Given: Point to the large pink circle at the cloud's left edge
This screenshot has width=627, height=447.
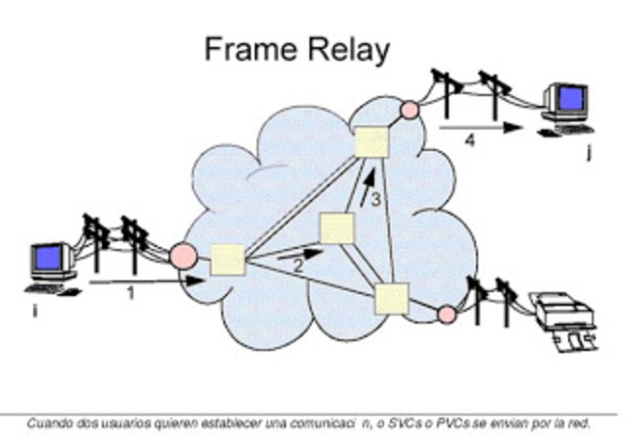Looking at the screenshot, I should [x=183, y=257].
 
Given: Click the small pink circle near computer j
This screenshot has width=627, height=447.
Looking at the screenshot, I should [x=410, y=110].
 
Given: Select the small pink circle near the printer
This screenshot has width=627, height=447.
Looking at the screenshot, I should [x=446, y=314].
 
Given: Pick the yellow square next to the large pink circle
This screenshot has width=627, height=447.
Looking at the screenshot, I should [x=227, y=261].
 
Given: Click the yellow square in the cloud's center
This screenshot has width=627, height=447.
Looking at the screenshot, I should [x=336, y=228].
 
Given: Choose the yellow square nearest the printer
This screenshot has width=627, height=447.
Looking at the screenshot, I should [x=391, y=297].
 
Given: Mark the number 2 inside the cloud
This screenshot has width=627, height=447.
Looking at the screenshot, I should [x=299, y=265].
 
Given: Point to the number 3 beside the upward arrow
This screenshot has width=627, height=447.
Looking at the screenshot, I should [x=375, y=200].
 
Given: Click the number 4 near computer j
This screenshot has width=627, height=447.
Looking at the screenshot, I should [x=470, y=141].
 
